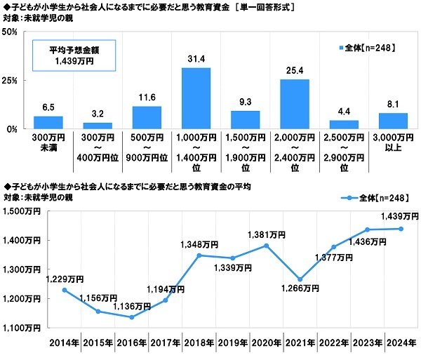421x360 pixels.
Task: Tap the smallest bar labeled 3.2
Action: (x=98, y=126)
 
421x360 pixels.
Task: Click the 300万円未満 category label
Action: (x=48, y=142)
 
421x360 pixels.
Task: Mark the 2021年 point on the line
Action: (x=300, y=279)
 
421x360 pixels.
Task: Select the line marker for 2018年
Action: (x=199, y=255)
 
